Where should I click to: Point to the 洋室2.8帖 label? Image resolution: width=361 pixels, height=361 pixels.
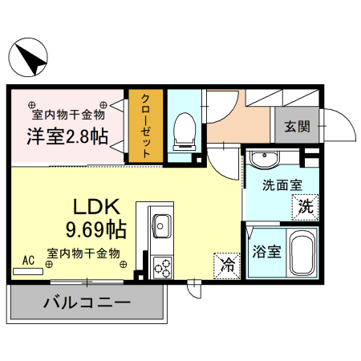pyautogui.click(x=68, y=136)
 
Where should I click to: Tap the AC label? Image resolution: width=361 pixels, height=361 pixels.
pyautogui.click(x=29, y=261)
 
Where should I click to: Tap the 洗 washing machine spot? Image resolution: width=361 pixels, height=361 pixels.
pyautogui.click(x=305, y=205)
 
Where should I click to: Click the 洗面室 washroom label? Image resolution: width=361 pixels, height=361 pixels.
pyautogui.click(x=282, y=184)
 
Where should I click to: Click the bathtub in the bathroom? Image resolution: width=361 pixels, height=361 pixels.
pyautogui.click(x=302, y=252)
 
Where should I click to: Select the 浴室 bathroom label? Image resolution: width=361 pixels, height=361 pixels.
pyautogui.click(x=266, y=252)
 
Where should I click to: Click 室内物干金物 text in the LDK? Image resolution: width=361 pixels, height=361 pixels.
pyautogui.click(x=83, y=253)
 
